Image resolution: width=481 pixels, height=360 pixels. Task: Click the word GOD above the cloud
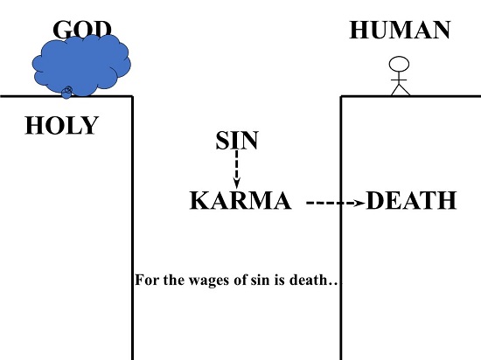click(x=82, y=30)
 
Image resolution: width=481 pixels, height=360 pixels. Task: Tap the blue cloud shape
click(x=82, y=65)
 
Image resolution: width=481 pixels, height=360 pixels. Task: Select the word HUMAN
click(x=400, y=30)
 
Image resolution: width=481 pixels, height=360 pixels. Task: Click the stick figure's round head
click(x=399, y=65)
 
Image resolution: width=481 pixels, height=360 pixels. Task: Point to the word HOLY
click(x=61, y=125)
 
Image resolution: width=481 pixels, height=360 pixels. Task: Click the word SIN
click(x=237, y=141)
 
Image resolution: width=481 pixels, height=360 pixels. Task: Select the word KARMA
click(x=240, y=200)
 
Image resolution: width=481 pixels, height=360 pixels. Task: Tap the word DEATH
click(x=411, y=200)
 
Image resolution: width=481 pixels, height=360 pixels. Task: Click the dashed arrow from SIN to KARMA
click(x=236, y=170)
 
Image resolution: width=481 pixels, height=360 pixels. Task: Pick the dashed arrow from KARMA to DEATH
click(x=336, y=203)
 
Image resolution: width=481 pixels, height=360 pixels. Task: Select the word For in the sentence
click(x=148, y=280)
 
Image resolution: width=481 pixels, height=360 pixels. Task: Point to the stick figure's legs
click(x=401, y=90)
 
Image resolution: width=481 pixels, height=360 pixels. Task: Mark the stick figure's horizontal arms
click(x=399, y=80)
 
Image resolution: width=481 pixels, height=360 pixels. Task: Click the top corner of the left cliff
click(x=133, y=96)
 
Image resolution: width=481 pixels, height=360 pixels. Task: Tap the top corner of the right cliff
click(x=341, y=96)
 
